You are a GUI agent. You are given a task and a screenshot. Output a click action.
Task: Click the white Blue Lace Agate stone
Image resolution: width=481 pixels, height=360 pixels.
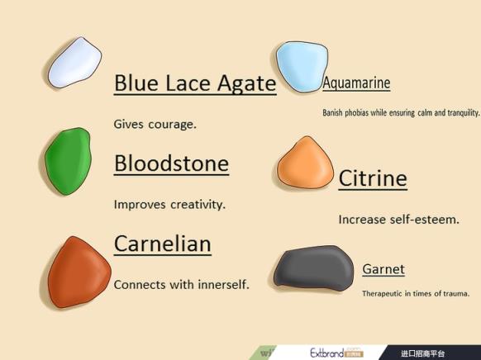[x=75, y=63]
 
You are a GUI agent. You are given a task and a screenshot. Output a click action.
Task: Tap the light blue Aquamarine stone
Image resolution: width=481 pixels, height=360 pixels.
[x=302, y=67]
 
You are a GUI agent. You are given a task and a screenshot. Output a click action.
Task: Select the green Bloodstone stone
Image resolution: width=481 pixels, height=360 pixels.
[x=68, y=161]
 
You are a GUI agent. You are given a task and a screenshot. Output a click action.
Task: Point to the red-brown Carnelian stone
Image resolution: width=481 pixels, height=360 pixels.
[x=79, y=272]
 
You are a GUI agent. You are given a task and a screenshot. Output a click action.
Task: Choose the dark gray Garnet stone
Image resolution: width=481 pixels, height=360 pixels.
[x=313, y=268]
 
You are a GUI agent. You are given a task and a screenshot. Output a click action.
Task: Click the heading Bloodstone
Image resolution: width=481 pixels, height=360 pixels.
[x=171, y=163]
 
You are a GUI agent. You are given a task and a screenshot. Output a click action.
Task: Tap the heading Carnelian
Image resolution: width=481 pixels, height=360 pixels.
[x=163, y=244]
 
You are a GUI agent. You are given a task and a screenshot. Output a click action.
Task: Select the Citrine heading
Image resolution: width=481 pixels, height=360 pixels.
[x=373, y=178]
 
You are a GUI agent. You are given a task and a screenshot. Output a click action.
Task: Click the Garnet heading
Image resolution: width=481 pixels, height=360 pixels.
[x=383, y=269]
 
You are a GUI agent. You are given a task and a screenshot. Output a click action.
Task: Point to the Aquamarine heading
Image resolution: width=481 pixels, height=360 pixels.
[x=356, y=83]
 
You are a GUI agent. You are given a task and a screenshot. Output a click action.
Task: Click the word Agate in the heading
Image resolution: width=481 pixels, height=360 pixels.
[x=247, y=83]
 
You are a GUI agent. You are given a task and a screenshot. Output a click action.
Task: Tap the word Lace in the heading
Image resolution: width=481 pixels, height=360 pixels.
[x=188, y=83]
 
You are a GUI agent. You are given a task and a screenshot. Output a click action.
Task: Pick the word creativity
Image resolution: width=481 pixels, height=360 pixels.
[x=198, y=205]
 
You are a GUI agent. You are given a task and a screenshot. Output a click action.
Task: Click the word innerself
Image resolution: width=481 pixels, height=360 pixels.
[x=223, y=285]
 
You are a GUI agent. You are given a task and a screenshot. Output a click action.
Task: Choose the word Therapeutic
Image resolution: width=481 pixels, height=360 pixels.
[x=382, y=294]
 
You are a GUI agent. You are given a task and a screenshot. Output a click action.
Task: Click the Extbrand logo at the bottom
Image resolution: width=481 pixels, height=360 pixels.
[x=336, y=353]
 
